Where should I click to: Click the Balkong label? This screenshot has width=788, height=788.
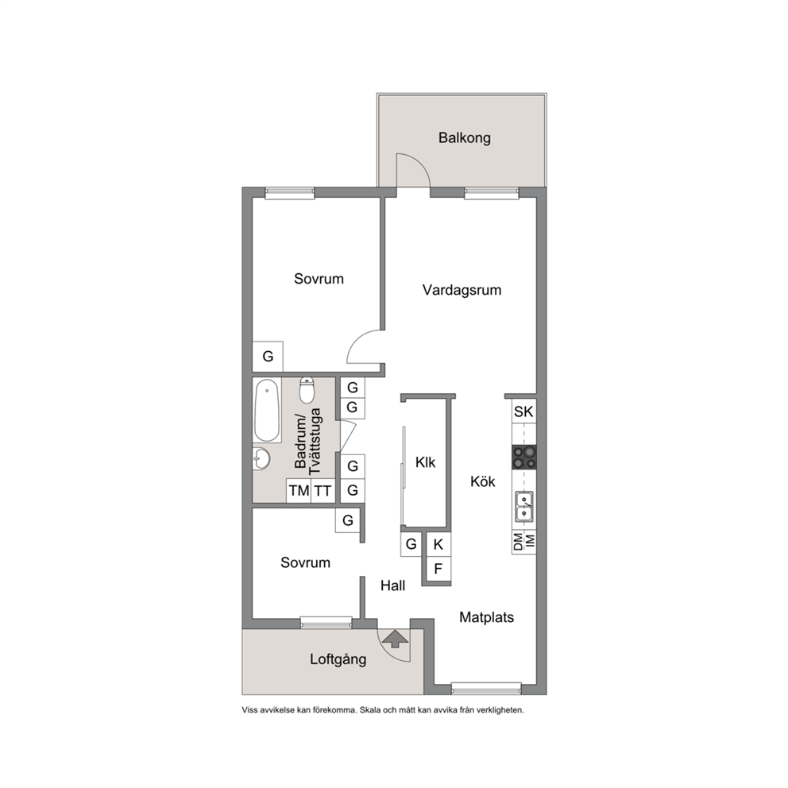coord(465,137)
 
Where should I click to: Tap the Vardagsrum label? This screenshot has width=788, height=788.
coord(462,290)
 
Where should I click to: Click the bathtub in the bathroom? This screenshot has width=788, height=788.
coord(266,411)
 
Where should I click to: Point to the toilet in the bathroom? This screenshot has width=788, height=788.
coord(307,390)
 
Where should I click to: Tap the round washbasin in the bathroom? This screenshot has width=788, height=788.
coord(261,459)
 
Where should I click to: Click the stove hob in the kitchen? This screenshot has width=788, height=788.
coord(524,458)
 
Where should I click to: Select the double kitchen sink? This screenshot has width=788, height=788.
coord(524,505)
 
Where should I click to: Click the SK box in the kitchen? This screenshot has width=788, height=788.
coord(523,411)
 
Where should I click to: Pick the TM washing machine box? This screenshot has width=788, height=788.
coord(299,490)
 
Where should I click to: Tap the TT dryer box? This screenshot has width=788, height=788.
coord(323,490)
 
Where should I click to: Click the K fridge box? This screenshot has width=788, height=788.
coord(438,544)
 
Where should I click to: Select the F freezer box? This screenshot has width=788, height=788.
coord(438,569)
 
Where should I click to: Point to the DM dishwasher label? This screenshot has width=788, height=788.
coord(518,542)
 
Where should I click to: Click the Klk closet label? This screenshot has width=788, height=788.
coord(425,462)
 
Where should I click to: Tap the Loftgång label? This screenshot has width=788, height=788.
coord(338,659)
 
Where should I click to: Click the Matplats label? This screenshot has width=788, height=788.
coord(486,617)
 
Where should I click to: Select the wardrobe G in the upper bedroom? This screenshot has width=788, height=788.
coord(268,357)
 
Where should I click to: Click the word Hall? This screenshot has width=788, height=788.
coord(393,585)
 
